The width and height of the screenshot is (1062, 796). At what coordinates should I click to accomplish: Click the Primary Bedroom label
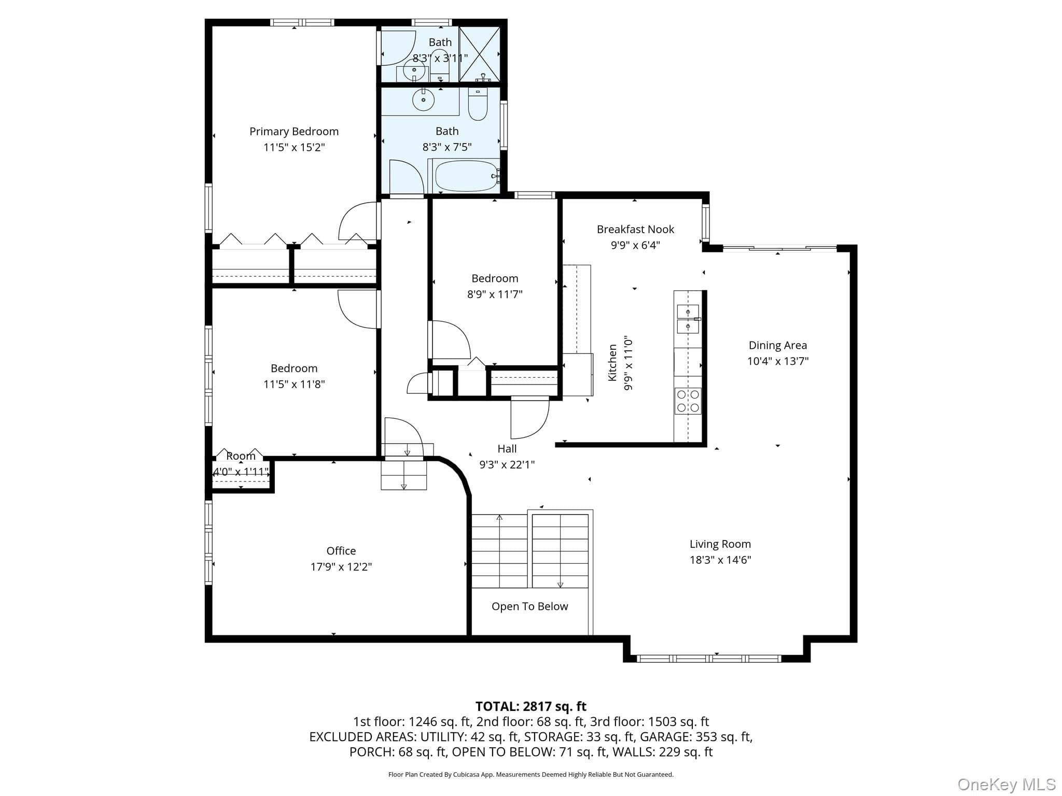[294, 132]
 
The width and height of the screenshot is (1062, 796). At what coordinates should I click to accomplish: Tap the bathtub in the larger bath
[465, 176]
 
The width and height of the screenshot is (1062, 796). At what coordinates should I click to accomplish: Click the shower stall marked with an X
[479, 54]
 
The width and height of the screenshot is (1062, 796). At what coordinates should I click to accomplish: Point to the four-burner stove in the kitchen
[688, 401]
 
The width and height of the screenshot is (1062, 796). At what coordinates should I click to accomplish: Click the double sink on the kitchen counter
[688, 319]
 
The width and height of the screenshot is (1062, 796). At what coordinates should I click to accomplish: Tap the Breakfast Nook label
[635, 229]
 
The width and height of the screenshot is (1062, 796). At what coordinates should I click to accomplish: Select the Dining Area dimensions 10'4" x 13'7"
[778, 361]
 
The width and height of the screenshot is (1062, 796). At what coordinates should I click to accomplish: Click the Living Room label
[720, 544]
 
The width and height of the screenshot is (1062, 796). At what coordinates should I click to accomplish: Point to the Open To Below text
[530, 606]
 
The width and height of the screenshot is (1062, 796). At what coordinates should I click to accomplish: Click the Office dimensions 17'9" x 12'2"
[341, 567]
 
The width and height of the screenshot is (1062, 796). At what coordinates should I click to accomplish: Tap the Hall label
[507, 449]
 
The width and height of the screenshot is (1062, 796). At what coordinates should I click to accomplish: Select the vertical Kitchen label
[612, 363]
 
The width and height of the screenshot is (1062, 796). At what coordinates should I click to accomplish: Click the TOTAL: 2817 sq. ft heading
[531, 706]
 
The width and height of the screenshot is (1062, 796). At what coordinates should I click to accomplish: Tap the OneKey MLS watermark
[1007, 785]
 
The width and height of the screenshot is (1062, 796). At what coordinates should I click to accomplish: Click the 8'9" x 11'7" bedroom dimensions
[495, 294]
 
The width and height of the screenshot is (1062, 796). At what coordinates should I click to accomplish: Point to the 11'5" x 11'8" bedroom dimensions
[294, 384]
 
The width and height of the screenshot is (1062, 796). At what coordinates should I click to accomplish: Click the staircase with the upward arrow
[499, 551]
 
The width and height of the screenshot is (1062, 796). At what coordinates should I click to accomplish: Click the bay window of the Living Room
[708, 659]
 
